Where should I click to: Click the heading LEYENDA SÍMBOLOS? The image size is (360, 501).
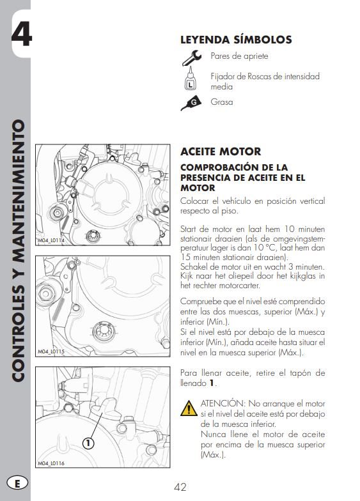click(x=236, y=40)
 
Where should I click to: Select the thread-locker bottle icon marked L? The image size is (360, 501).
click(x=190, y=81)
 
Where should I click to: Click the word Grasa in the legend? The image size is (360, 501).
click(x=222, y=102)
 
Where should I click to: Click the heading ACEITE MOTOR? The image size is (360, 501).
click(x=221, y=151)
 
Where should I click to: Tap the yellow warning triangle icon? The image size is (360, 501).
click(x=189, y=408)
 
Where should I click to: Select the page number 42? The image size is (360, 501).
click(x=180, y=487)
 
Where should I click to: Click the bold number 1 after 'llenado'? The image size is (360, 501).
click(x=212, y=383)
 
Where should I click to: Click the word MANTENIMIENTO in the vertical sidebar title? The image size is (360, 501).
click(x=18, y=185)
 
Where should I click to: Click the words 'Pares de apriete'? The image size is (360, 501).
click(x=239, y=56)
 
